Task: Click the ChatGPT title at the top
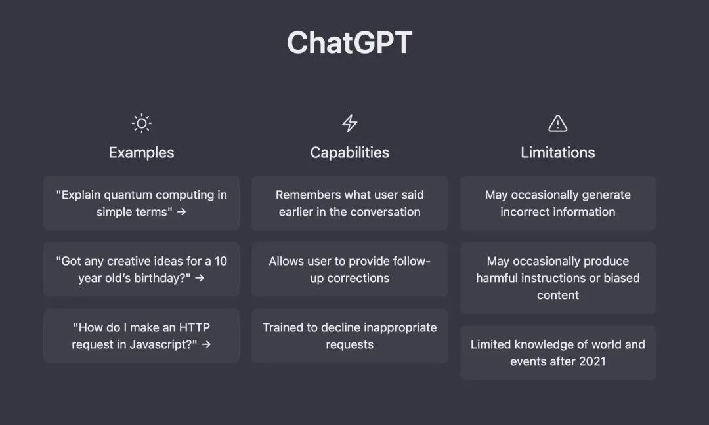click(x=349, y=43)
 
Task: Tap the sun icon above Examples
click(x=142, y=123)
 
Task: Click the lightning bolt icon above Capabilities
click(x=349, y=123)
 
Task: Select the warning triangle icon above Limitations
click(x=557, y=123)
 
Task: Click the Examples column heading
click(x=142, y=153)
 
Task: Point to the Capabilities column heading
click(x=349, y=153)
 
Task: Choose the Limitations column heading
click(x=557, y=153)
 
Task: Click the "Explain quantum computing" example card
click(x=142, y=203)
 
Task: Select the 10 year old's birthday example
click(x=142, y=269)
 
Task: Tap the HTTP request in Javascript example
click(x=142, y=336)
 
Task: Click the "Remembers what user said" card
click(x=349, y=203)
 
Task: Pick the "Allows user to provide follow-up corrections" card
click(x=349, y=269)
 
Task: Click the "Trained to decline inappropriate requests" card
click(x=349, y=336)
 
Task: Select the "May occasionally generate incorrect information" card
click(x=558, y=203)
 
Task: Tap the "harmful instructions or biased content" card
click(x=558, y=278)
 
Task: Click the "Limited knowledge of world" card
click(x=558, y=353)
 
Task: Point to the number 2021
click(x=592, y=361)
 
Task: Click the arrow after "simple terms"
click(x=181, y=211)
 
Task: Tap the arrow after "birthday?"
click(x=200, y=278)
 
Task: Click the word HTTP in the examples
click(x=194, y=327)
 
